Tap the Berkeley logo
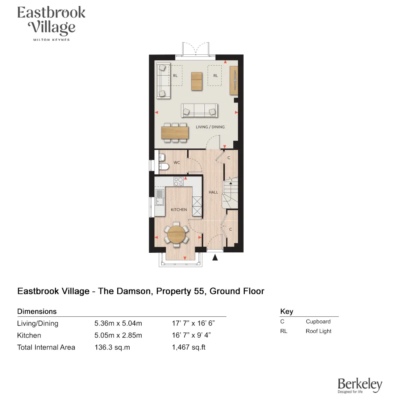(x=360, y=385)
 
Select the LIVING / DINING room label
(x=210, y=127)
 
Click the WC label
(x=177, y=163)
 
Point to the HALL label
(x=213, y=192)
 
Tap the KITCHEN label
(x=179, y=210)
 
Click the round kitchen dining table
(x=176, y=234)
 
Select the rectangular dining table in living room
(x=175, y=132)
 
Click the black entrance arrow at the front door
(x=215, y=258)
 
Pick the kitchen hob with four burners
(x=178, y=182)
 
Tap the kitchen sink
(x=160, y=197)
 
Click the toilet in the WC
(x=163, y=167)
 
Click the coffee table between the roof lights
(x=197, y=81)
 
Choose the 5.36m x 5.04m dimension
(x=118, y=324)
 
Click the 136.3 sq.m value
(x=112, y=347)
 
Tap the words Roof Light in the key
(x=318, y=331)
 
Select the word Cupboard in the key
(x=318, y=322)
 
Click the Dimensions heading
(x=37, y=311)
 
